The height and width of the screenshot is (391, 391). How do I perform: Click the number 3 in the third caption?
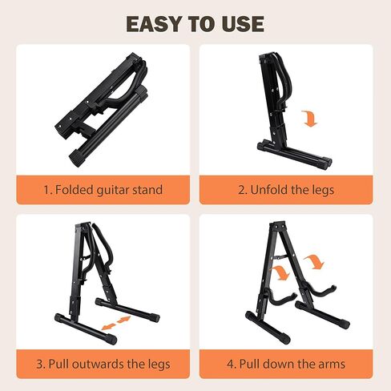pyautogui.click(x=39, y=365)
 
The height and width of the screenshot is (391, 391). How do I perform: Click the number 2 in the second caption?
pyautogui.click(x=241, y=190)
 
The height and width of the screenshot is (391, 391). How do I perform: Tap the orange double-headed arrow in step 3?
pyautogui.click(x=116, y=322)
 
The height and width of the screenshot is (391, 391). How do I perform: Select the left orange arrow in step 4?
pyautogui.click(x=280, y=272)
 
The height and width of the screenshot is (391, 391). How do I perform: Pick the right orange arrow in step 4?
pyautogui.click(x=315, y=261)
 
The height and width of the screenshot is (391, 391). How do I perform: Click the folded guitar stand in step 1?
pyautogui.click(x=102, y=110)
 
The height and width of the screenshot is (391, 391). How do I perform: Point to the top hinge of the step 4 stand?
pyautogui.click(x=278, y=226)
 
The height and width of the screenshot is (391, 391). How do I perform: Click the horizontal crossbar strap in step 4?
pyautogui.click(x=280, y=257)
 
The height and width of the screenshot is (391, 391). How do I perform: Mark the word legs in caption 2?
pyautogui.click(x=323, y=191)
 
